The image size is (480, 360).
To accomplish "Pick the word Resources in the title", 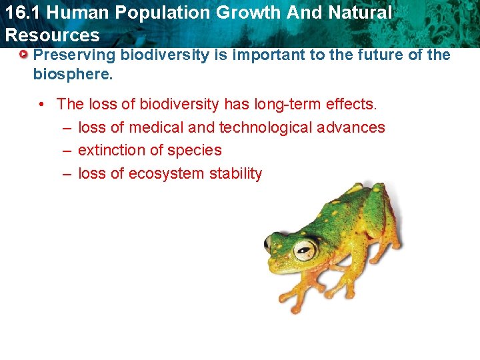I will pyautogui.click(x=52, y=35).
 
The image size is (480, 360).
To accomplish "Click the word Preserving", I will pyautogui.click(x=74, y=55).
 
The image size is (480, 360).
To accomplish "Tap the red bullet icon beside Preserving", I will pyautogui.click(x=23, y=54).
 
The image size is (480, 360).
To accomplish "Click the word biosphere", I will pyautogui.click(x=73, y=73).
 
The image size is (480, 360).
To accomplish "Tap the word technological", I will pyautogui.click(x=270, y=127).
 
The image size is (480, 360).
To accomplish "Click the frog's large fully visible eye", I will pyautogui.click(x=305, y=249).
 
